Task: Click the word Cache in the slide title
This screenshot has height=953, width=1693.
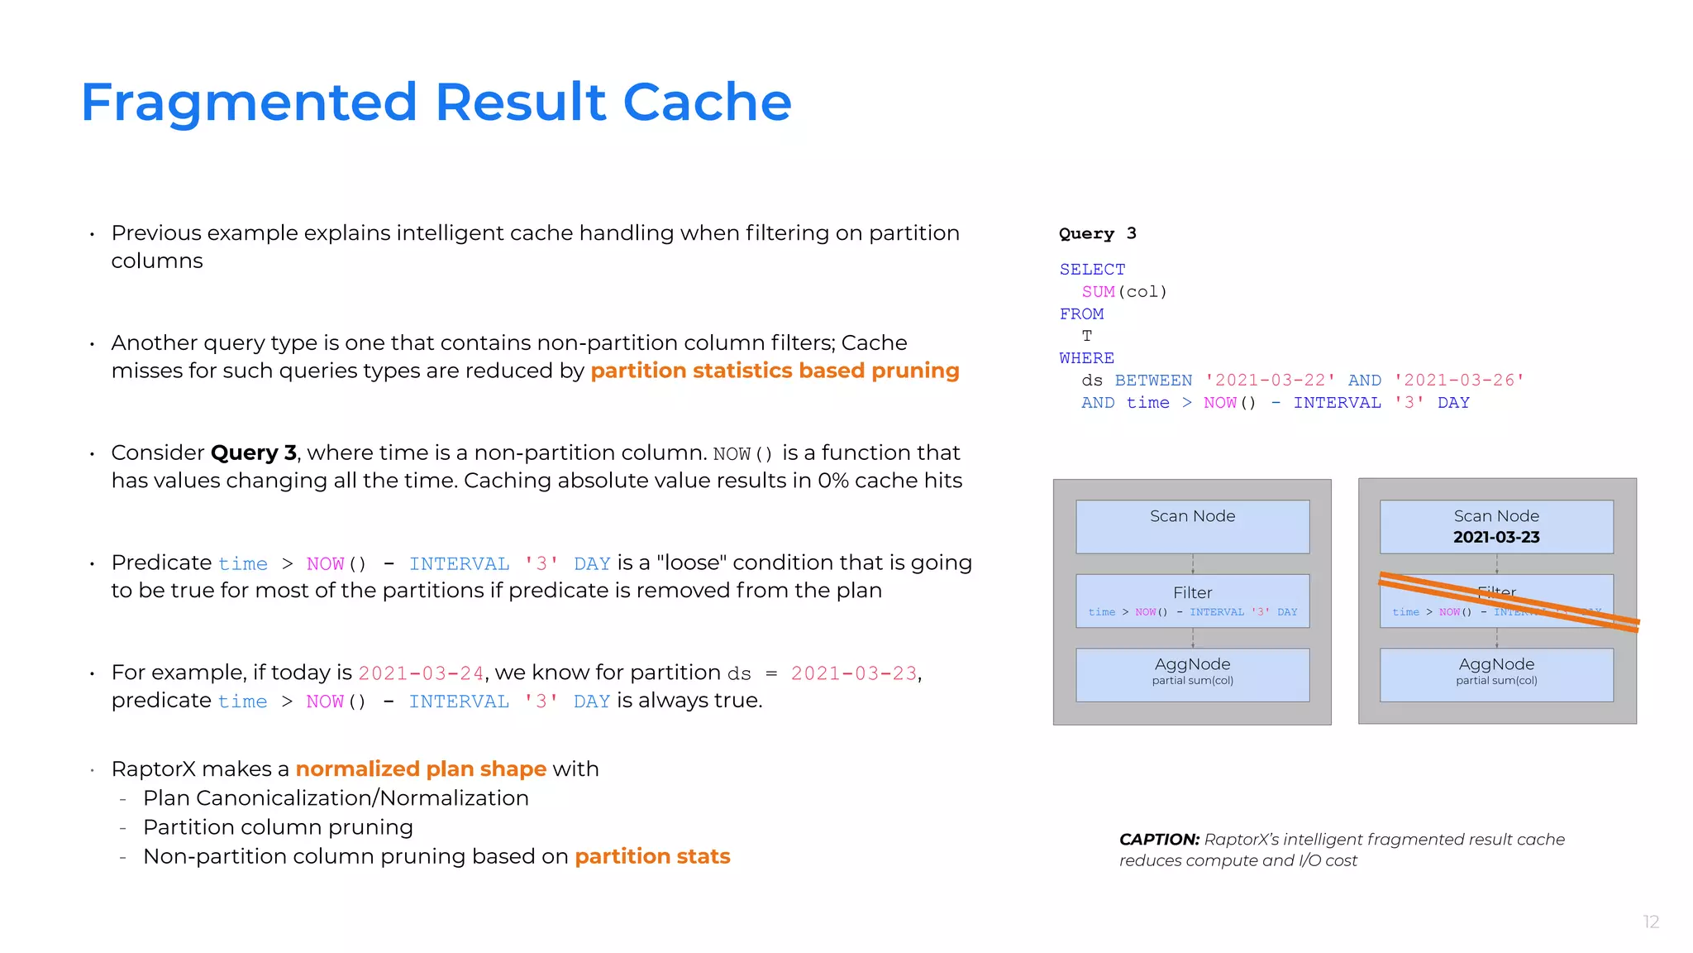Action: pyautogui.click(x=707, y=103)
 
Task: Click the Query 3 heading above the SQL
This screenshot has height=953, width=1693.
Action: pyautogui.click(x=1097, y=233)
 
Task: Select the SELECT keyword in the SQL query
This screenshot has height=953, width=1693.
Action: pyautogui.click(x=1092, y=270)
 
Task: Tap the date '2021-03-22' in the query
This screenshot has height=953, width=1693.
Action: pyautogui.click(x=1270, y=381)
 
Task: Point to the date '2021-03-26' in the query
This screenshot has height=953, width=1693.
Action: pyautogui.click(x=1459, y=381)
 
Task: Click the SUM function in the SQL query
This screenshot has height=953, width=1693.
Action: pyautogui.click(x=1098, y=292)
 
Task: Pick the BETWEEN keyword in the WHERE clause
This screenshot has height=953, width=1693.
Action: pyautogui.click(x=1153, y=381)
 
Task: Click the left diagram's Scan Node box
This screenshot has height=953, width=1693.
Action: pyautogui.click(x=1192, y=526)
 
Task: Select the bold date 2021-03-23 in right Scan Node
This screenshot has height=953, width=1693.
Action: pyautogui.click(x=1496, y=538)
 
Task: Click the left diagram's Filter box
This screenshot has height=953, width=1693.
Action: pyautogui.click(x=1192, y=601)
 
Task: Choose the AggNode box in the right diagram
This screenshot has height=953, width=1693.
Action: pyautogui.click(x=1496, y=674)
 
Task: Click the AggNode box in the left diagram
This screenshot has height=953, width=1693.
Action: pyautogui.click(x=1192, y=674)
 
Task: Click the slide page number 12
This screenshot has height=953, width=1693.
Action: pyautogui.click(x=1650, y=922)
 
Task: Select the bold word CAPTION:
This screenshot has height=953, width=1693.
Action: pyautogui.click(x=1159, y=840)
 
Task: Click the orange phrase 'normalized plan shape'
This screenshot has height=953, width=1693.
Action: pyautogui.click(x=421, y=769)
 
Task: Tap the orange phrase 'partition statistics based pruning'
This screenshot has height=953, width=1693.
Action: pyautogui.click(x=775, y=371)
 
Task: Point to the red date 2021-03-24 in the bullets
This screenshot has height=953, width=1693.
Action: pyautogui.click(x=421, y=673)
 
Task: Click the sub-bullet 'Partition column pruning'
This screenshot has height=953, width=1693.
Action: pyautogui.click(x=278, y=827)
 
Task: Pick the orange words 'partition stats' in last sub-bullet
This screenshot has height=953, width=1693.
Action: pyautogui.click(x=652, y=856)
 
